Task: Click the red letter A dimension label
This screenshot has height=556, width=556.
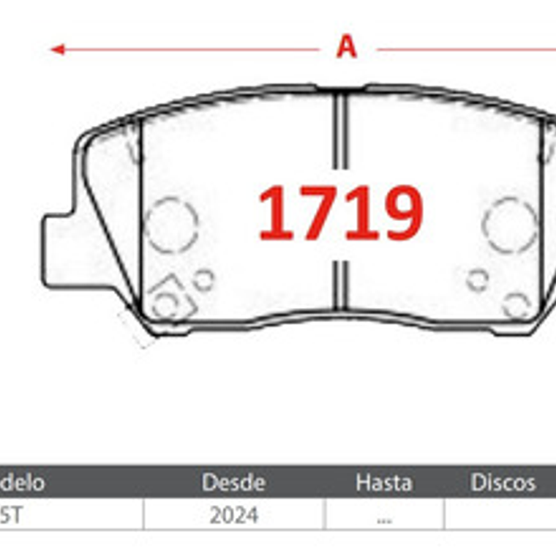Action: click(346, 48)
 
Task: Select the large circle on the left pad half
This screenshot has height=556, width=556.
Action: click(171, 224)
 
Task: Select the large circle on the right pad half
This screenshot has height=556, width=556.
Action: click(510, 224)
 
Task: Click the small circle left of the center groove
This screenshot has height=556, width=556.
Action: click(204, 279)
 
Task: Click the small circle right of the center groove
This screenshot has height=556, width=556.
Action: click(478, 279)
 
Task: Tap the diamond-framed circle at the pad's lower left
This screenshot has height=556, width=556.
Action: click(168, 299)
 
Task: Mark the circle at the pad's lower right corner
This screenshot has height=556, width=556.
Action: click(516, 305)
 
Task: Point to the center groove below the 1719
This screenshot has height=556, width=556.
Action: click(340, 285)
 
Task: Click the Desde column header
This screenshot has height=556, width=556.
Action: click(233, 482)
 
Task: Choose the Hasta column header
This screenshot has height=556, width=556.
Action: click(383, 482)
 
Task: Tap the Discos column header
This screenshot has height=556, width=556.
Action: click(503, 482)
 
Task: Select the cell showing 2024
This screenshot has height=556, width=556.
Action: click(233, 516)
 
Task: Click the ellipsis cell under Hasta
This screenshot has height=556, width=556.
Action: click(383, 516)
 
